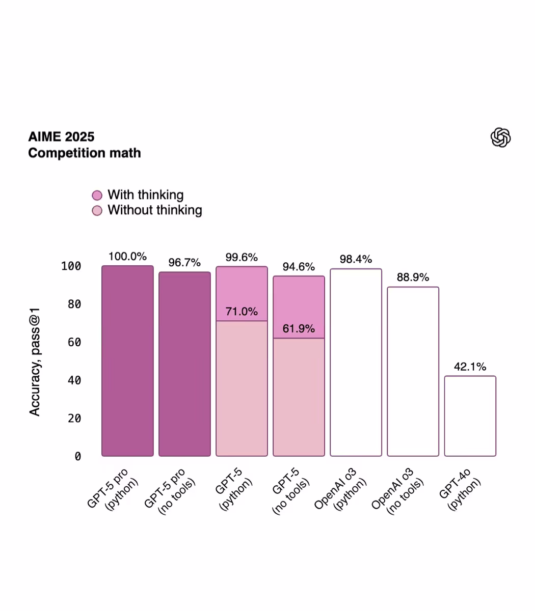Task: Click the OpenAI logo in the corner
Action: point(500,137)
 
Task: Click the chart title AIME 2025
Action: point(61,136)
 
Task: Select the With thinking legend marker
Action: point(97,196)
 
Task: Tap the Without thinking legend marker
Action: point(97,211)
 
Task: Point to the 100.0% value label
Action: point(127,257)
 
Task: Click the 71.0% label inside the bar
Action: point(242,312)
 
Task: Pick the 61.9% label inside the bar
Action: point(299,329)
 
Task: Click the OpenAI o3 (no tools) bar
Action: point(413,372)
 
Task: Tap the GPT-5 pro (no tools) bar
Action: point(184,364)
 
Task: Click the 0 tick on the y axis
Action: point(77,457)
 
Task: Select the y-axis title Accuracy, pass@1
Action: point(35,362)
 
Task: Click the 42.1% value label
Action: point(470,367)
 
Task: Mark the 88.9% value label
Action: point(413,277)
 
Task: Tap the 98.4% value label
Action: point(356,259)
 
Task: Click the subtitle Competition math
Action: point(85,153)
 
